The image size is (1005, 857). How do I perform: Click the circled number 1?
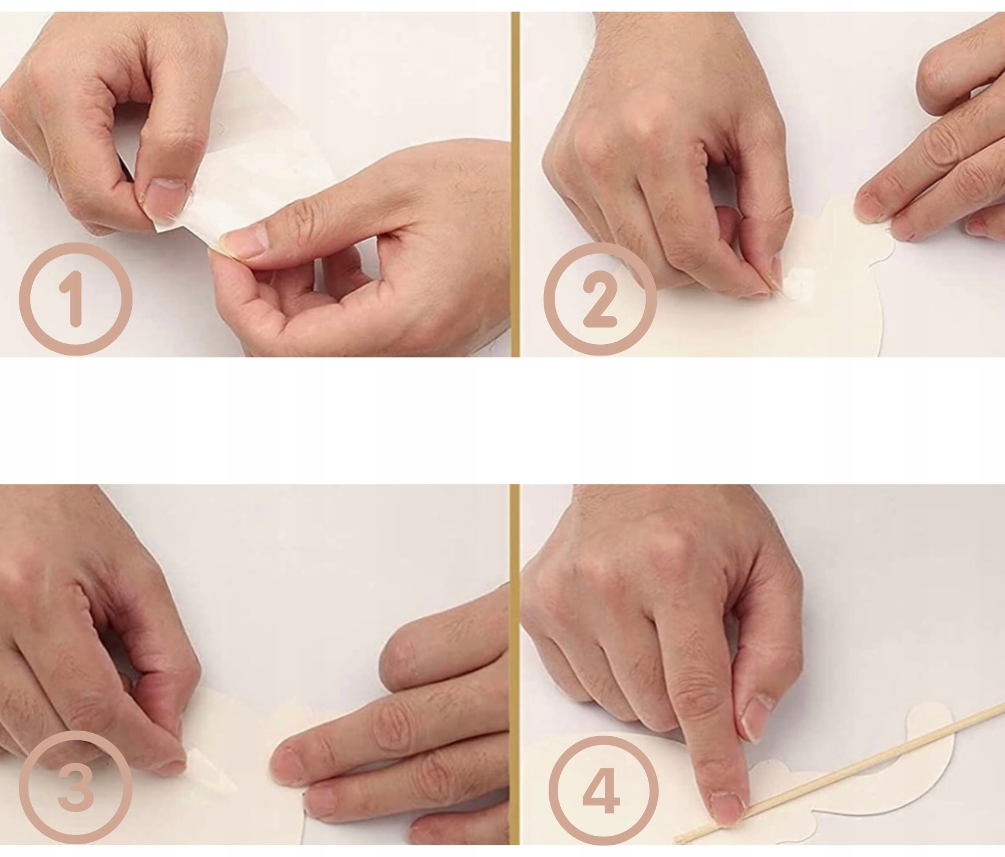(x=75, y=298)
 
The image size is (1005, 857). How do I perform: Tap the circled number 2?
(x=600, y=298)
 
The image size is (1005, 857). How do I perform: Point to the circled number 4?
(x=602, y=788)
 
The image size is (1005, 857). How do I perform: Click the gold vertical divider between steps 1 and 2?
(x=515, y=184)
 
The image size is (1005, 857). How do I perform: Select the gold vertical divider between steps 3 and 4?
(x=515, y=664)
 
